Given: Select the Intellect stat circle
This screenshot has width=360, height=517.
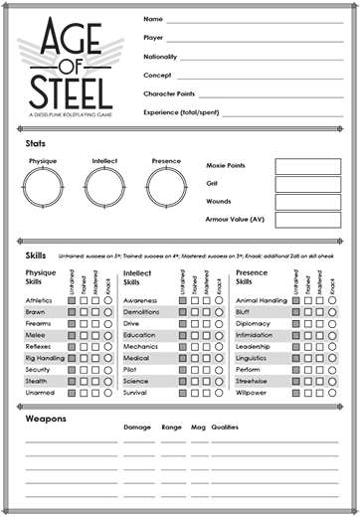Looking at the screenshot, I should tap(104, 186).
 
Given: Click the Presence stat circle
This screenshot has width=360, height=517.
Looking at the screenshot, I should tap(166, 186).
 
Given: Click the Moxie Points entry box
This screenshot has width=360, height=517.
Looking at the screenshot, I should tap(307, 165).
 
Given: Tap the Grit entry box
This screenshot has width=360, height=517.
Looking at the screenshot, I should tap(307, 183).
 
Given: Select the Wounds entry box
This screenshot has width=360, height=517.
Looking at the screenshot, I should tap(307, 201).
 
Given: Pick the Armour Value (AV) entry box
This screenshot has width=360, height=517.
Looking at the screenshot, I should tap(307, 219).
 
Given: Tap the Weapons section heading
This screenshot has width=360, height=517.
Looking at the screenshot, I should tap(46, 418).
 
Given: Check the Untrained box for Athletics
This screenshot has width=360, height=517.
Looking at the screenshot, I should tap(72, 300).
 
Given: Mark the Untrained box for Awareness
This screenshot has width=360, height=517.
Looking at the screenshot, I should tap(183, 300).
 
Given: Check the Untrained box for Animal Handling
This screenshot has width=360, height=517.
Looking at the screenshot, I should tap(295, 300).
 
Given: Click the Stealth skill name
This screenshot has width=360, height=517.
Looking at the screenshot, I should tap(37, 380).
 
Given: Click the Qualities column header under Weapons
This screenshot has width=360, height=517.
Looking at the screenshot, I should tap(225, 427).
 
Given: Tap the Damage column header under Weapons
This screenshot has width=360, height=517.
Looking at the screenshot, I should tap(137, 427).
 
